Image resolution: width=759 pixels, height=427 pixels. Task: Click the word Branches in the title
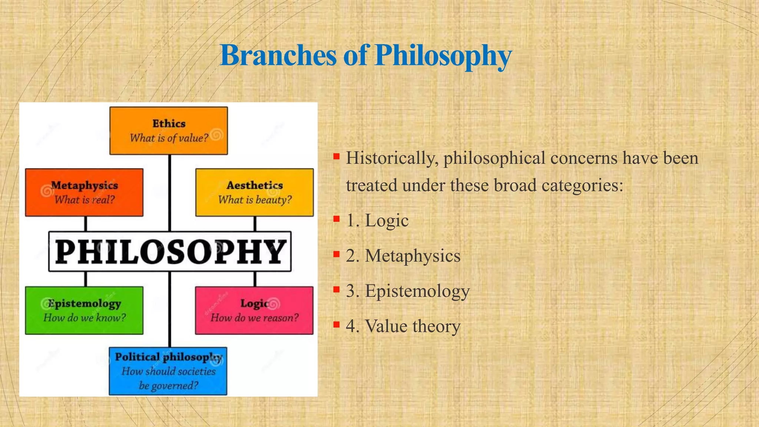[x=278, y=56]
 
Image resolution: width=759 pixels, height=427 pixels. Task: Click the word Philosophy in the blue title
[x=443, y=56]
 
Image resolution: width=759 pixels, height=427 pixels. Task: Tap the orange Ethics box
[x=169, y=130]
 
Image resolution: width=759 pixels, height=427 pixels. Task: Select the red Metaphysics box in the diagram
[x=84, y=192]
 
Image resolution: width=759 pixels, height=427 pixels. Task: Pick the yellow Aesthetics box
[x=255, y=192]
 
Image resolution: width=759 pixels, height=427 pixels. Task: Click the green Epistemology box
[x=84, y=310]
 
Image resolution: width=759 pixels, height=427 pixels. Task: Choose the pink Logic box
[x=254, y=310]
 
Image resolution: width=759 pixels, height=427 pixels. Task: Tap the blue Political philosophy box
[x=168, y=371]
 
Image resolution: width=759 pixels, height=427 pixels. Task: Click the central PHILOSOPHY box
[x=170, y=251]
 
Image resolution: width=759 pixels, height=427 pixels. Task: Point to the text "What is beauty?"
[x=255, y=200]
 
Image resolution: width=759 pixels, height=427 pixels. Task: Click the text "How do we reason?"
[x=254, y=318]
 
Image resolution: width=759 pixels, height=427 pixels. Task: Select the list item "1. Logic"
[x=377, y=221]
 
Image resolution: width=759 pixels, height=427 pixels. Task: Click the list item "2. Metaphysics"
[x=403, y=256]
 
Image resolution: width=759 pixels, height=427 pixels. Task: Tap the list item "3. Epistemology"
[x=408, y=291]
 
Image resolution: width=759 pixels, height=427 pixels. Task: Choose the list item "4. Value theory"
[x=403, y=326]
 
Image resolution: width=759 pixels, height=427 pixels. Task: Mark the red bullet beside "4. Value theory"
[x=337, y=325]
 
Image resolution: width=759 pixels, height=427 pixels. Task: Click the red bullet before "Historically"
[x=337, y=156]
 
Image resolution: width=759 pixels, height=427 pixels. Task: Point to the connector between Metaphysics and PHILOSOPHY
[x=86, y=224]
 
